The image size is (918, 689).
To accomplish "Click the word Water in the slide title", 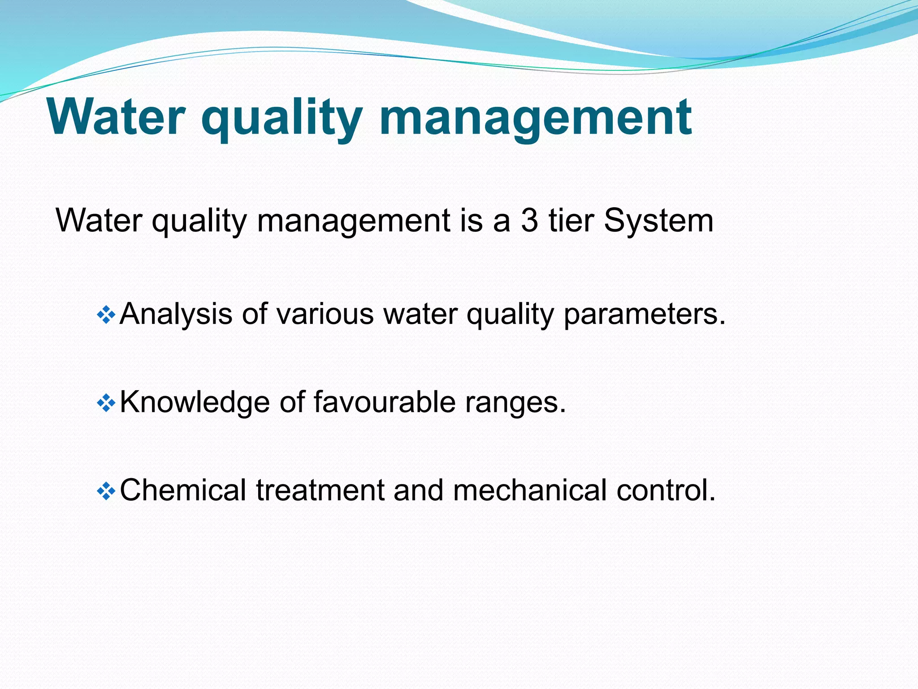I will click(x=116, y=118).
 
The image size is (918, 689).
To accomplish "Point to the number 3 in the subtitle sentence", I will click(x=529, y=221).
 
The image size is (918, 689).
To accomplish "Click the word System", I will click(x=658, y=221).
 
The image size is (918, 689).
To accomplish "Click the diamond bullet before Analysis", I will click(x=106, y=315).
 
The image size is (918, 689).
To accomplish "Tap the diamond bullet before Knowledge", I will click(x=106, y=403).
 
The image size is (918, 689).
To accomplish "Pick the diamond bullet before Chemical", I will click(x=106, y=491).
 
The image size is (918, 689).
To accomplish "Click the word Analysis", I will click(x=176, y=314).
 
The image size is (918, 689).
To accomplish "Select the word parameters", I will click(x=644, y=314).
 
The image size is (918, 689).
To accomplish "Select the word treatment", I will click(x=320, y=490).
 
